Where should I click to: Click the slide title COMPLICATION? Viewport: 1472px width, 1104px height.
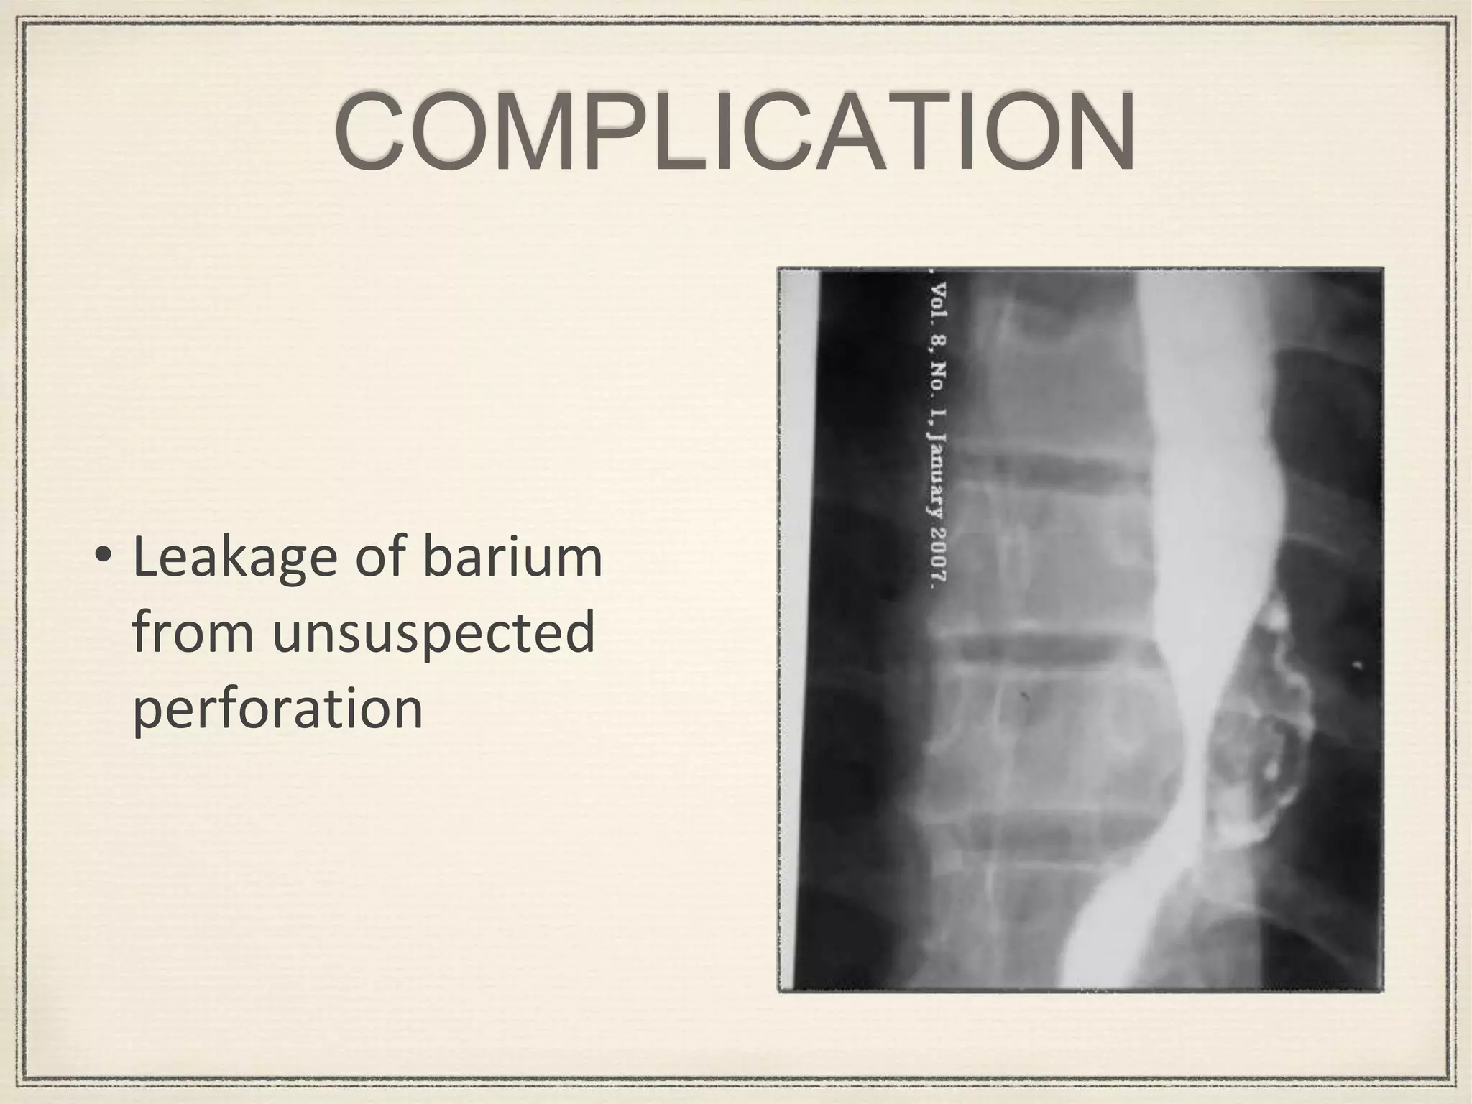[x=735, y=132]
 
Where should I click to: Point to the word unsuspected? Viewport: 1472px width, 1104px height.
[x=434, y=633]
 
